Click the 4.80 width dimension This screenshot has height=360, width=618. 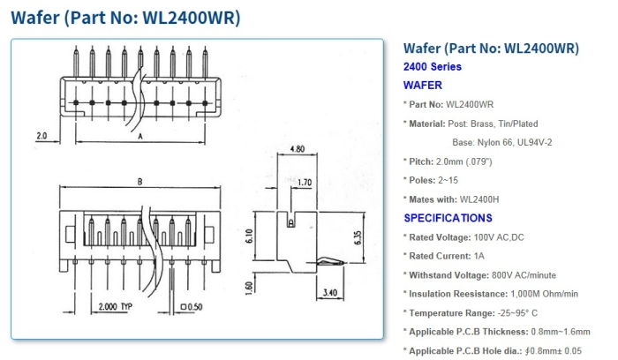tap(297, 150)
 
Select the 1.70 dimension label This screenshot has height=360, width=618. tap(305, 184)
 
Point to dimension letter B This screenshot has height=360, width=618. tap(139, 183)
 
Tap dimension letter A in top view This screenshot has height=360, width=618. tap(140, 137)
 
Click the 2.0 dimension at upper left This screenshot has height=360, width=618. tap(41, 137)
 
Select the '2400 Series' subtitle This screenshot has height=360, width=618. tap(432, 67)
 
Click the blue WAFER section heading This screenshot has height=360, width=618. tap(423, 86)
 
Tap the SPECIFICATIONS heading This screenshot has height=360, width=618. tap(448, 218)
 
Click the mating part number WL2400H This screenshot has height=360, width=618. tap(482, 199)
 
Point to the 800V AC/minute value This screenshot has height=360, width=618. tap(519, 274)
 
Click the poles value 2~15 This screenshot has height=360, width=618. tap(461, 181)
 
